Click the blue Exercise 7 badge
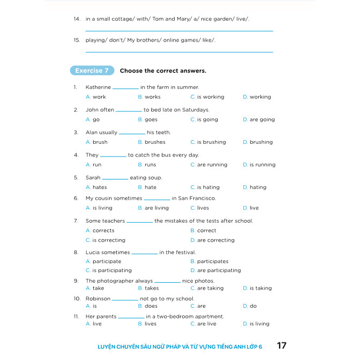(x=92, y=71)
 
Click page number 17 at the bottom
(x=282, y=346)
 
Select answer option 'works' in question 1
(x=152, y=97)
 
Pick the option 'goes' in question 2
(x=151, y=120)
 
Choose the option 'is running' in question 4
(x=263, y=165)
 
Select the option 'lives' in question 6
(x=203, y=208)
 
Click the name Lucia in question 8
(x=93, y=252)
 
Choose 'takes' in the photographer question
(x=152, y=288)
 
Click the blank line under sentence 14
(x=179, y=31)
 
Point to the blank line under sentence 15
(x=179, y=52)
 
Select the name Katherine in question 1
(x=98, y=87)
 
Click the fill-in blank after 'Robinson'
(x=125, y=300)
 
